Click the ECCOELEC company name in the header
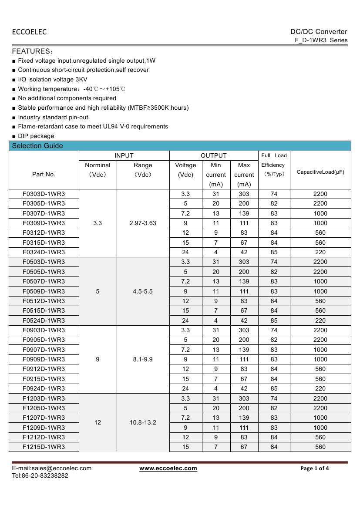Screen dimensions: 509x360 pyautogui.click(x=29, y=32)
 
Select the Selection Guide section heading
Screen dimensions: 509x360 pyautogui.click(x=37, y=146)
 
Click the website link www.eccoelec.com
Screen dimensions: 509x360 pyautogui.click(x=168, y=468)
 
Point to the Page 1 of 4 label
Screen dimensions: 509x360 pyautogui.click(x=315, y=469)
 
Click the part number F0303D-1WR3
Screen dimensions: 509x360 pyautogui.click(x=44, y=194)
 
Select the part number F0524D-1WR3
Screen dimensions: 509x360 pyautogui.click(x=44, y=320)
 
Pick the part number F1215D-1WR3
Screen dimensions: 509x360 pyautogui.click(x=44, y=447)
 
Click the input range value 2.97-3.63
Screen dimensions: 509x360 pyautogui.click(x=143, y=223)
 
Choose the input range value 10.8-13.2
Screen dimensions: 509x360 pyautogui.click(x=143, y=422)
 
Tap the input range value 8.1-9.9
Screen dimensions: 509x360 pyautogui.click(x=143, y=359)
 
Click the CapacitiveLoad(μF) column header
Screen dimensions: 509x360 pyautogui.click(x=320, y=172)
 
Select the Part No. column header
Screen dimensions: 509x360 pyautogui.click(x=44, y=174)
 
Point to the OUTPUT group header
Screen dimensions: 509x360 pyautogui.click(x=214, y=155)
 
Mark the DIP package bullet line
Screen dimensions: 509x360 pyautogui.click(x=36, y=136)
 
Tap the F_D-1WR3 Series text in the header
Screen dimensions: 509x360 pyautogui.click(x=321, y=40)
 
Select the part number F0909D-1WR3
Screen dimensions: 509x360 pyautogui.click(x=44, y=359)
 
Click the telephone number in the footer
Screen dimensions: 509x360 pyautogui.click(x=40, y=475)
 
